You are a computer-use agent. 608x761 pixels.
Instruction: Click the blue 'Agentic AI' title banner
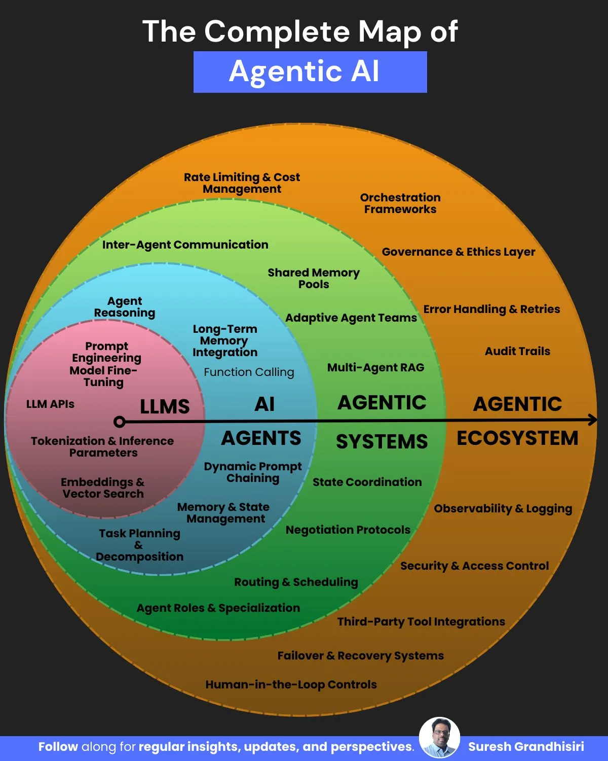coord(310,72)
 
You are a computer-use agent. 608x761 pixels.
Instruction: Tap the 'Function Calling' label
coord(249,372)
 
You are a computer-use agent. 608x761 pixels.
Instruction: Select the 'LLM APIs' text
coord(50,404)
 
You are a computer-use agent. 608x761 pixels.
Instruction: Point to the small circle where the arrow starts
coord(120,422)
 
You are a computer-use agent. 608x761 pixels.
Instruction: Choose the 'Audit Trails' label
coord(517,351)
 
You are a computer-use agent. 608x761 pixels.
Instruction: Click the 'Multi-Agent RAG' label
coord(375,367)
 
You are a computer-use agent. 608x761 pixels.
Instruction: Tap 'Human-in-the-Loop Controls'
coord(291,684)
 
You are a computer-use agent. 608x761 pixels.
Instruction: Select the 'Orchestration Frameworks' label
coord(400,203)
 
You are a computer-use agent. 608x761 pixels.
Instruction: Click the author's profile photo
coord(439,738)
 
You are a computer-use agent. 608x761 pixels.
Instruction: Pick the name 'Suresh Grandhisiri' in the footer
coord(526,746)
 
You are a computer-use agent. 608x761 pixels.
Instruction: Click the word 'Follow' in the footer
coord(58,746)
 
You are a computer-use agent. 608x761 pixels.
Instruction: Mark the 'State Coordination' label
coord(367,482)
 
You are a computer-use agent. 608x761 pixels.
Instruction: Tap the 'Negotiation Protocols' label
coord(348,530)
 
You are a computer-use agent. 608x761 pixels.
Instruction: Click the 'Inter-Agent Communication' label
coord(185,245)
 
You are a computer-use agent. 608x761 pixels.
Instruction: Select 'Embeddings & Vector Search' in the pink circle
coord(103,488)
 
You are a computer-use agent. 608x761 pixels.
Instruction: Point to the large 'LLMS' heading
coord(165,406)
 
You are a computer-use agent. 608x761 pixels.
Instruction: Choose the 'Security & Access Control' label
coord(474,566)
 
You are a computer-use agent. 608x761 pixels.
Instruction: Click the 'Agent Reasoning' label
coord(125,307)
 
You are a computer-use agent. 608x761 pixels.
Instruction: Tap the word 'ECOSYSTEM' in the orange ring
coord(517,438)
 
